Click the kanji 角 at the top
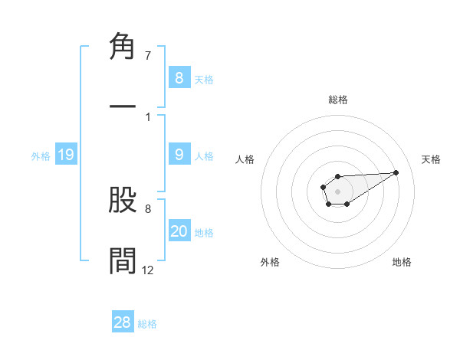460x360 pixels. pyautogui.click(x=123, y=47)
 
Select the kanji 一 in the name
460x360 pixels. pyautogui.click(x=123, y=108)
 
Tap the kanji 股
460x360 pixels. pyautogui.click(x=123, y=200)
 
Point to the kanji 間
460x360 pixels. pyautogui.click(x=123, y=261)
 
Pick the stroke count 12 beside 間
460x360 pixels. pyautogui.click(x=148, y=270)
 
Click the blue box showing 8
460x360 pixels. pyautogui.click(x=179, y=78)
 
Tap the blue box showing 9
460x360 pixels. pyautogui.click(x=179, y=155)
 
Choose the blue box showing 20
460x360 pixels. pyautogui.click(x=179, y=231)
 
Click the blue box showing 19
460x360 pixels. pyautogui.click(x=66, y=155)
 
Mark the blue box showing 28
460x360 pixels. pyautogui.click(x=123, y=322)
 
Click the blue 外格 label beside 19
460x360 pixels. pyautogui.click(x=41, y=156)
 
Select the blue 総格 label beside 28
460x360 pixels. pyautogui.click(x=147, y=324)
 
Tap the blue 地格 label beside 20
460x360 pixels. pyautogui.click(x=204, y=233)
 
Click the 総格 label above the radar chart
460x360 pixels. pyautogui.click(x=337, y=100)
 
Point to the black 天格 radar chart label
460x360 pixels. pyautogui.click(x=431, y=159)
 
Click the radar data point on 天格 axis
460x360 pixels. pyautogui.click(x=396, y=172)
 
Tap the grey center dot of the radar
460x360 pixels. pyautogui.click(x=337, y=191)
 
